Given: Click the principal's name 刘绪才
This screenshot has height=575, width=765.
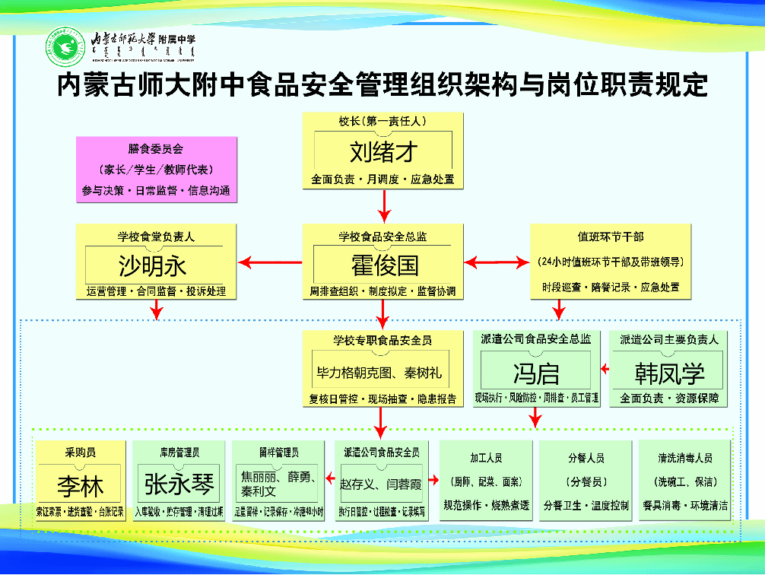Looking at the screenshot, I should pyautogui.click(x=383, y=152).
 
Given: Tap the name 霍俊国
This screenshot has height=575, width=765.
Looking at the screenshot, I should pyautogui.click(x=384, y=265).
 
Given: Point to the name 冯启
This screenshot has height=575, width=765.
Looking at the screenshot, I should pyautogui.click(x=536, y=373).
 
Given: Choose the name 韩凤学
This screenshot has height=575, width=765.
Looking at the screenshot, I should pyautogui.click(x=669, y=373).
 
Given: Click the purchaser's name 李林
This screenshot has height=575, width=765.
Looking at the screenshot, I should pyautogui.click(x=79, y=485).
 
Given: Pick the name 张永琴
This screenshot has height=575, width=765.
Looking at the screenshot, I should pyautogui.click(x=179, y=484).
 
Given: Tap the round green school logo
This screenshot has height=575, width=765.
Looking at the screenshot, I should pyautogui.click(x=65, y=46).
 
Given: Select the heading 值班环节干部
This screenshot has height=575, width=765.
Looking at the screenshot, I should pyautogui.click(x=611, y=237).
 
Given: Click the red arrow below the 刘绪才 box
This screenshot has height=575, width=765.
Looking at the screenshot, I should pyautogui.click(x=384, y=204).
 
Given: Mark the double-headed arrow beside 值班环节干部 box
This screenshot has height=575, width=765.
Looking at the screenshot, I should pyautogui.click(x=497, y=263).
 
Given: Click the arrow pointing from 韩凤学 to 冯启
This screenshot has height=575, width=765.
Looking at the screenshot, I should pyautogui.click(x=605, y=370).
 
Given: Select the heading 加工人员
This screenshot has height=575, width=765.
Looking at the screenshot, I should pyautogui.click(x=486, y=459).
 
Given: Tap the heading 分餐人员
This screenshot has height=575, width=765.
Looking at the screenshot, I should pyautogui.click(x=586, y=459).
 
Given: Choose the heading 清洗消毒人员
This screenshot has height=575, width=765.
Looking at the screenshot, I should pyautogui.click(x=685, y=459).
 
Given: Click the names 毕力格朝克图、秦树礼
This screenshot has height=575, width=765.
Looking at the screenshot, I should pyautogui.click(x=379, y=373).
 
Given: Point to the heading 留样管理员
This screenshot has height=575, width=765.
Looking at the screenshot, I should pyautogui.click(x=279, y=453).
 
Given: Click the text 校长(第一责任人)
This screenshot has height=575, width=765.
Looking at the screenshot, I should pyautogui.click(x=383, y=121).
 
